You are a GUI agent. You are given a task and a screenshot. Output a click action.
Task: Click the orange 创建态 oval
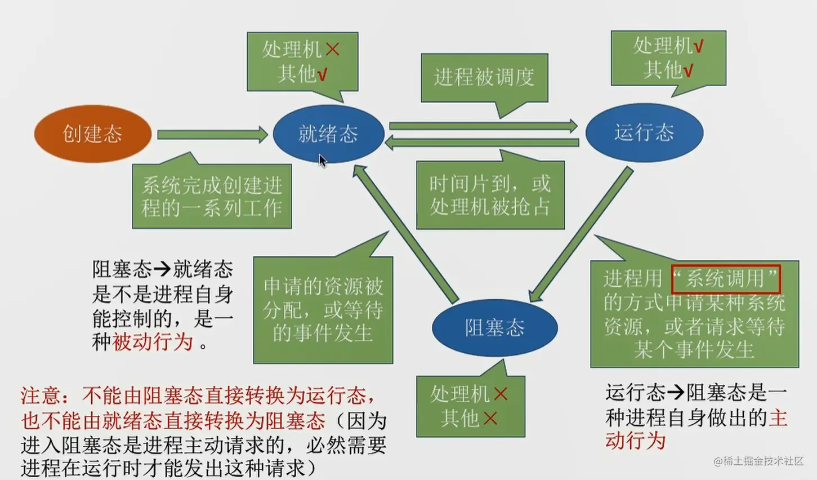tap(92, 134)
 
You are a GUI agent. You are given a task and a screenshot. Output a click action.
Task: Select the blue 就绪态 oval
tap(328, 134)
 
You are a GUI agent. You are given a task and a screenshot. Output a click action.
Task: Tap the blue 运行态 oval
tap(644, 132)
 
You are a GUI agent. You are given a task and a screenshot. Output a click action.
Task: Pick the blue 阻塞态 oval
tap(494, 328)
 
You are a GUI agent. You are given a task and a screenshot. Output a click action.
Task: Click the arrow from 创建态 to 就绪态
tap(212, 135)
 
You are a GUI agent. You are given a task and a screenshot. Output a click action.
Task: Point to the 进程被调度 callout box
tap(484, 77)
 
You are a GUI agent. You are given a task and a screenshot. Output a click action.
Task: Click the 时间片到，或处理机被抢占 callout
tap(490, 195)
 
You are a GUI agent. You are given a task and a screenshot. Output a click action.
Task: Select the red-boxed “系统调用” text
tap(725, 279)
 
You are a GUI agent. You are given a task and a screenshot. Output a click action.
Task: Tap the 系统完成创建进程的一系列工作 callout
tap(212, 197)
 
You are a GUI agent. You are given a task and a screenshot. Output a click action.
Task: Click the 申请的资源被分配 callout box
tap(323, 310)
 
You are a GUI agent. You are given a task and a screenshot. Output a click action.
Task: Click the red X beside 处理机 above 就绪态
tap(333, 50)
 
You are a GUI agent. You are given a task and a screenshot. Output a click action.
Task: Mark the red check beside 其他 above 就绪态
tap(322, 74)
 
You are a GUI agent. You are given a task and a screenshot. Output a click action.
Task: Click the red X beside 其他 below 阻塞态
tap(490, 418)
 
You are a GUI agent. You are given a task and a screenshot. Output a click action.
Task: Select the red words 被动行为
tap(153, 342)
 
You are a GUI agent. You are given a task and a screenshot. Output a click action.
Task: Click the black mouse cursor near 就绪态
tap(322, 161)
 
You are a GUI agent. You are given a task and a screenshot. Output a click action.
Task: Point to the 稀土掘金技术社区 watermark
tap(758, 461)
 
